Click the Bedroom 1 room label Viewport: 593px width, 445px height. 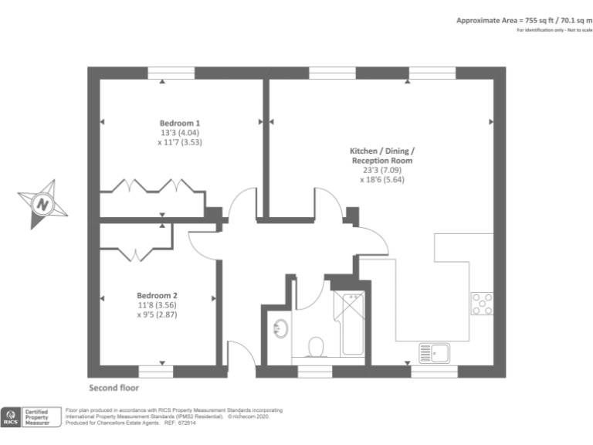(x=180, y=123)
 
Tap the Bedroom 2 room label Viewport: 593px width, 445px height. (x=158, y=295)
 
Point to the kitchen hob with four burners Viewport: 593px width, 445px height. (x=483, y=304)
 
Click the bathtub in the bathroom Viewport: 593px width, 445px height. (x=349, y=324)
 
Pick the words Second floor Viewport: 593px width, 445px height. (x=114, y=387)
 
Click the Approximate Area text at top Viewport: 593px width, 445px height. (x=523, y=20)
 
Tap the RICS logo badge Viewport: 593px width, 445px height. (x=12, y=417)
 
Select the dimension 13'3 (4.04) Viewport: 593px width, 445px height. (x=180, y=132)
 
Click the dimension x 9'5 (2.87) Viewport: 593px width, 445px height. (x=158, y=314)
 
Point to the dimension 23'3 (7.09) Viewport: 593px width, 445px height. (x=382, y=170)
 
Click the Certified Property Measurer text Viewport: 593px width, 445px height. (x=38, y=417)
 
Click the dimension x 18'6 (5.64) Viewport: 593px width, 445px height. (x=382, y=179)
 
